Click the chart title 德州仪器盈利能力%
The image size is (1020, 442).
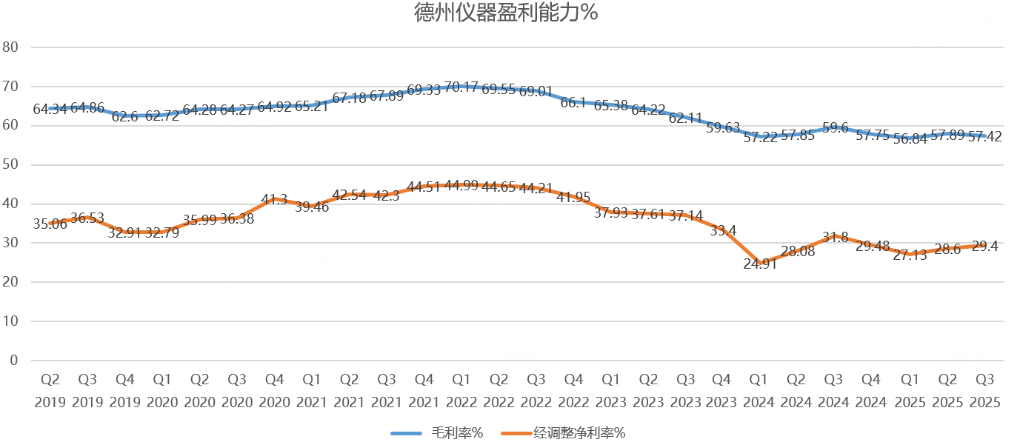[x=507, y=14]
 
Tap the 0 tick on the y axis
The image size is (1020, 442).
[x=13, y=361]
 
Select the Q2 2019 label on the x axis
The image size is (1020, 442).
[x=50, y=391]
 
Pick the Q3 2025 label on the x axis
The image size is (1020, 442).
[x=984, y=391]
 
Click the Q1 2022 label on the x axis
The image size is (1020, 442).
[x=461, y=391]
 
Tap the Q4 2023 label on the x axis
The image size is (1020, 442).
[x=722, y=391]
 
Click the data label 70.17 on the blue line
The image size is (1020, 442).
[x=461, y=87]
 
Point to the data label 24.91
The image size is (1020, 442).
[x=759, y=264]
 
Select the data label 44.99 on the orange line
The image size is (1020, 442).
[x=461, y=186]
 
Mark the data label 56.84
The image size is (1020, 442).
[x=909, y=141]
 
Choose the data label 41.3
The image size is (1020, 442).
[x=275, y=199]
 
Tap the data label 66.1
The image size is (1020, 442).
[x=573, y=103]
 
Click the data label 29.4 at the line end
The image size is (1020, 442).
[x=984, y=247]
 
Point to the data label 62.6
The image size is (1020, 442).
[x=125, y=116]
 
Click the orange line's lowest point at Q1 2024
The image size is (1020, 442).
[x=759, y=264]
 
